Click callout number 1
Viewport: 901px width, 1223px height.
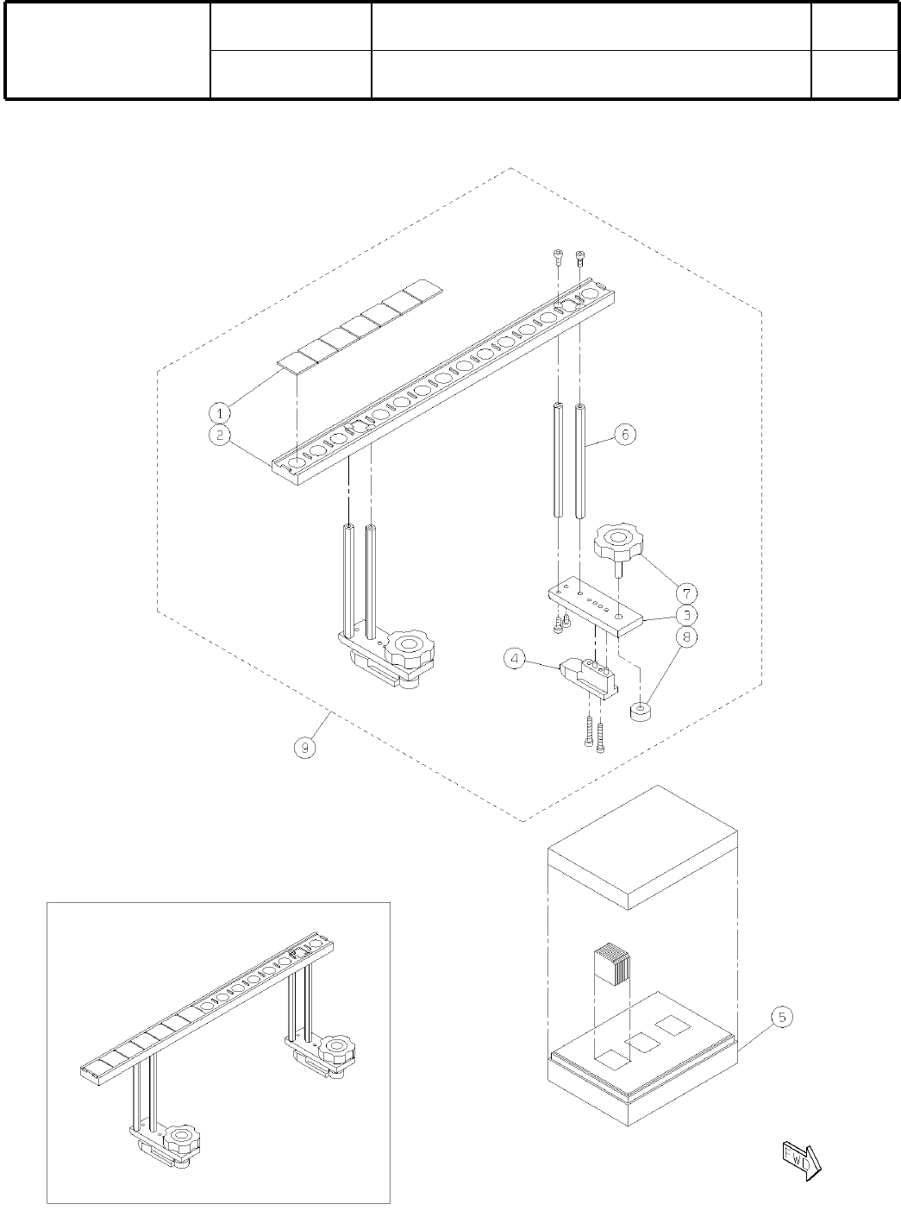pyautogui.click(x=222, y=411)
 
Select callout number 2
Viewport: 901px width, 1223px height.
pyautogui.click(x=222, y=436)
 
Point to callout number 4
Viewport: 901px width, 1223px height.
pyautogui.click(x=516, y=660)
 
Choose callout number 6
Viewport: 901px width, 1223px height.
pyautogui.click(x=626, y=435)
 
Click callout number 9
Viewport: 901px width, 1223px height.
pyautogui.click(x=306, y=747)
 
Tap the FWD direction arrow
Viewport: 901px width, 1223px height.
pyautogui.click(x=800, y=1158)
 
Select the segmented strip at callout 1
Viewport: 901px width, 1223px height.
pyautogui.click(x=360, y=326)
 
